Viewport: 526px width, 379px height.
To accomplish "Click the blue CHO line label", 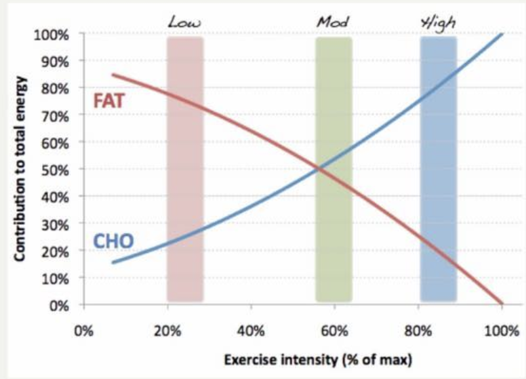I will tap(113, 242).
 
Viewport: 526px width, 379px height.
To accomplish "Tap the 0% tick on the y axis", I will tap(60, 305).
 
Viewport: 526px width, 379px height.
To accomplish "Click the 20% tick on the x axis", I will tap(167, 330).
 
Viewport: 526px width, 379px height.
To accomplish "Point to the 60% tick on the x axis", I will tap(334, 330).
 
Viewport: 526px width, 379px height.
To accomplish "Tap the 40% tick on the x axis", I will tap(251, 330).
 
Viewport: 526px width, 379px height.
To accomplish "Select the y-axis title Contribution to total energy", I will tap(21, 169).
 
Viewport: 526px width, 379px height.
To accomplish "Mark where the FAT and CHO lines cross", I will tap(319, 169).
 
